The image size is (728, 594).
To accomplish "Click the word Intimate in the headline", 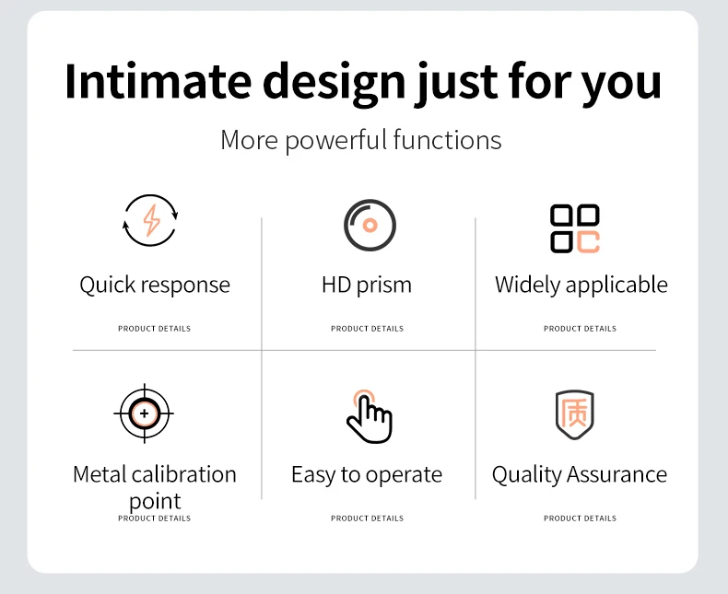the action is click(x=159, y=81).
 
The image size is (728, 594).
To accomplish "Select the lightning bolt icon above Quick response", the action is click(x=151, y=220).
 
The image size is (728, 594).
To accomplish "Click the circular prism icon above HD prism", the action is click(x=370, y=225).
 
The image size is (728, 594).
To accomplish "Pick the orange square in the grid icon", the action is click(x=588, y=242).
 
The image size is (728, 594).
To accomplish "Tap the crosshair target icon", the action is click(x=145, y=413).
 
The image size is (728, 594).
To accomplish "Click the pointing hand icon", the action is click(x=370, y=416).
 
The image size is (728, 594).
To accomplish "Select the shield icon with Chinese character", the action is click(x=575, y=414).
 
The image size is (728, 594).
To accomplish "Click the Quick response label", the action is click(x=155, y=285).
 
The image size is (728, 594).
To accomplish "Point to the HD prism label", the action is click(x=367, y=285).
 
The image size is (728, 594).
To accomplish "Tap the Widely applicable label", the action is click(x=581, y=285).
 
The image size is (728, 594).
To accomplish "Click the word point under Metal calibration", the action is click(x=155, y=502).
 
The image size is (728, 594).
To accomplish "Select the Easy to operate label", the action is click(x=367, y=474).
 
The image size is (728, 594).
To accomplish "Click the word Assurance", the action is click(x=616, y=474).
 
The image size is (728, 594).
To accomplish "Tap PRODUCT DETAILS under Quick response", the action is click(x=154, y=329).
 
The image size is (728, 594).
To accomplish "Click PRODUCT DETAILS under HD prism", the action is click(x=368, y=329).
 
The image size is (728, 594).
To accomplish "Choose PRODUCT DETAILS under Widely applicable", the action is click(x=580, y=329).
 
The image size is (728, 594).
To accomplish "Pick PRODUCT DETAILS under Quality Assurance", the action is click(x=580, y=518).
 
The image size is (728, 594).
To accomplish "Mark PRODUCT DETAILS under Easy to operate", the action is click(x=368, y=518).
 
